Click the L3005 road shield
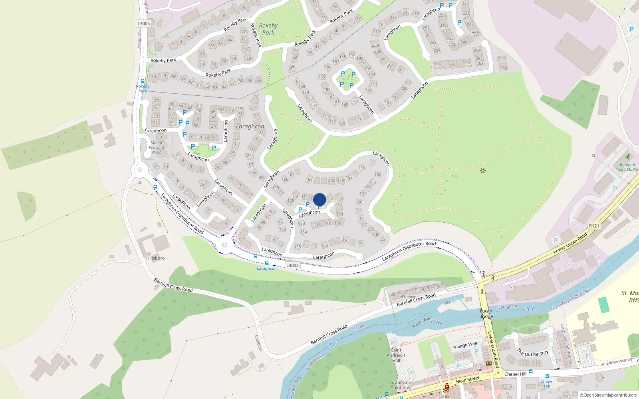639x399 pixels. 144,24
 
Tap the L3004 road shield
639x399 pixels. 292,265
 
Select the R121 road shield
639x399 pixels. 594,226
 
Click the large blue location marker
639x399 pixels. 319,199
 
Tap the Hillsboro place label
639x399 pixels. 155,258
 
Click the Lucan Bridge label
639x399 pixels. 486,314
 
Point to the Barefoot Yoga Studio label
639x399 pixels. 627,167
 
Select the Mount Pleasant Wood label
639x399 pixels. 157,147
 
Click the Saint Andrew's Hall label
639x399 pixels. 396,355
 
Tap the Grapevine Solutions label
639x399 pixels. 400,385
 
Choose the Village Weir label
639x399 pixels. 465,345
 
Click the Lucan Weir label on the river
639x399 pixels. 421,322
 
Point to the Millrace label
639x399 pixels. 449,302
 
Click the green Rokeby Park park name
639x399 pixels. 268,29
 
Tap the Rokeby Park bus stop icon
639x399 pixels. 143,81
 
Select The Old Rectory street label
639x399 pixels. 533,353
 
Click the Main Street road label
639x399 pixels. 468,379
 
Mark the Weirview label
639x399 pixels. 408,296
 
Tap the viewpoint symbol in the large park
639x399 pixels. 483,171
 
